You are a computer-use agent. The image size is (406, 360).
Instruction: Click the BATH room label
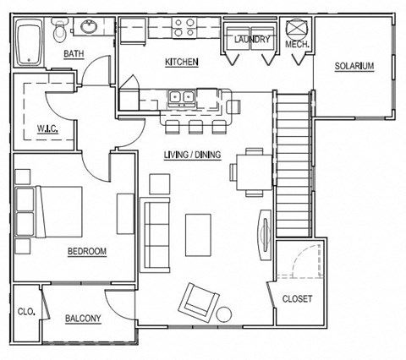[74, 56]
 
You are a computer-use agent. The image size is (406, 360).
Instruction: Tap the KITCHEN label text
[182, 62]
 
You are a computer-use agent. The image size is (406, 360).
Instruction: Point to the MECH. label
[297, 43]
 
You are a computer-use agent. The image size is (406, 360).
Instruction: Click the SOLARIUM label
[354, 66]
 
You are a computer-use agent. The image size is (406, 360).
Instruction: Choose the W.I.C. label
[46, 129]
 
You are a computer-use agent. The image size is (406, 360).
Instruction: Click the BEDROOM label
[86, 251]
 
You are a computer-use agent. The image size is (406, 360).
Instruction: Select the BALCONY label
[83, 319]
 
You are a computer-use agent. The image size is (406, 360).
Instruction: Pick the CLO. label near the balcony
[26, 312]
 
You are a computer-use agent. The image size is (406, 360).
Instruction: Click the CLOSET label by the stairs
[297, 298]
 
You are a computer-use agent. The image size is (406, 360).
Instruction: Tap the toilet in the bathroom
[59, 33]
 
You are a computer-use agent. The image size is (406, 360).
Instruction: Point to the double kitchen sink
[183, 97]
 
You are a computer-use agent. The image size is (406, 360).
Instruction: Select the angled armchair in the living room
[198, 299]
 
